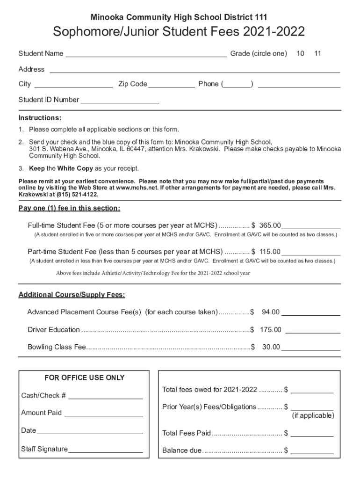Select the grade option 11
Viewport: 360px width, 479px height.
[x=318, y=54]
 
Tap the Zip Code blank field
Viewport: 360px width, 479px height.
[x=172, y=85]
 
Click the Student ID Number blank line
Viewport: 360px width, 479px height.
[x=120, y=100]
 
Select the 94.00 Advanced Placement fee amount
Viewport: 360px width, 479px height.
[x=271, y=312]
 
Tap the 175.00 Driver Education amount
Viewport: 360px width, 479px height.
[x=271, y=330]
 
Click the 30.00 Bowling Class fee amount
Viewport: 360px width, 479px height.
[x=271, y=347]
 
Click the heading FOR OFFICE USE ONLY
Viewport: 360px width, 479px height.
[x=85, y=377]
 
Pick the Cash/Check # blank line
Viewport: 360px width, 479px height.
[x=105, y=396]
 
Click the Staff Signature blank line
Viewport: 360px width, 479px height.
[x=105, y=450]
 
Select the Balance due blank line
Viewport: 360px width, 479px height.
[x=312, y=451]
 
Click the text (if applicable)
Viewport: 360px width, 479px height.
[x=313, y=416]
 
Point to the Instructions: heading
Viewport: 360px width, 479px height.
[x=40, y=117]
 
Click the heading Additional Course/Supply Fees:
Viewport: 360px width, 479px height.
[x=72, y=295]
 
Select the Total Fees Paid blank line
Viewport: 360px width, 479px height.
[x=312, y=434]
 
